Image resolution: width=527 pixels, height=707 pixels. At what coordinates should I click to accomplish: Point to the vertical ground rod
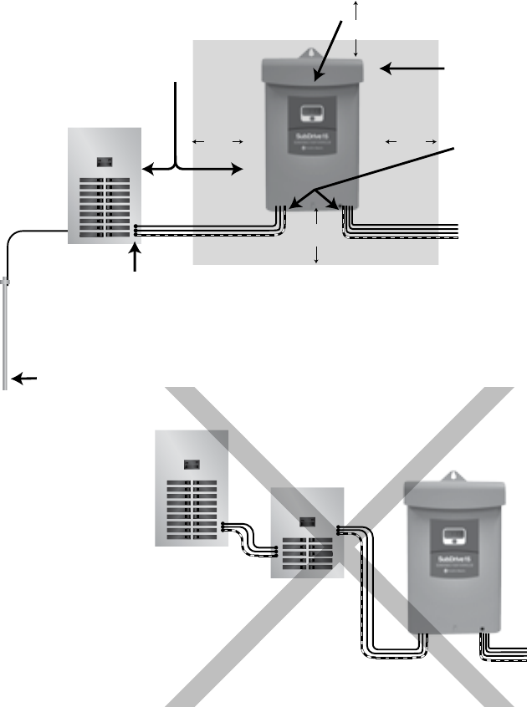coord(6,334)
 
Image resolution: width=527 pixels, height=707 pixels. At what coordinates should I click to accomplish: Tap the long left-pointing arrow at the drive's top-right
coord(413,68)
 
